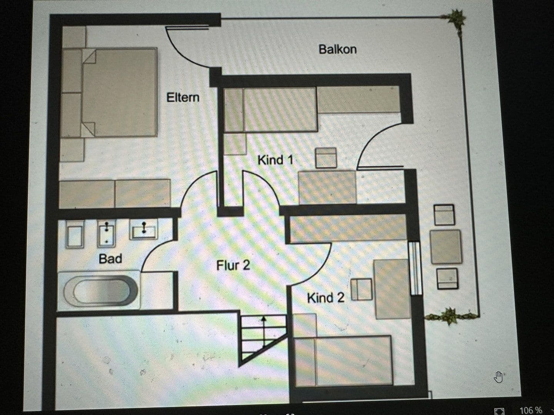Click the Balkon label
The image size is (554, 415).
pyautogui.click(x=337, y=49)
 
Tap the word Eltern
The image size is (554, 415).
pyautogui.click(x=183, y=97)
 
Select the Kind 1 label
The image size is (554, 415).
pyautogui.click(x=275, y=159)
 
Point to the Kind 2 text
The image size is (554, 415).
pyautogui.click(x=325, y=297)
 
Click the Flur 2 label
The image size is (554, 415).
pyautogui.click(x=233, y=265)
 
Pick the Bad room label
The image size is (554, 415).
pyautogui.click(x=110, y=259)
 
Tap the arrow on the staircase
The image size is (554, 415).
pyautogui.click(x=264, y=330)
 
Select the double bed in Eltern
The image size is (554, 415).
pyautogui.click(x=115, y=92)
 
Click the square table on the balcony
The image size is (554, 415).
pyautogui.click(x=446, y=247)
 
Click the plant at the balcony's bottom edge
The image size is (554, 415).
pyautogui.click(x=449, y=316)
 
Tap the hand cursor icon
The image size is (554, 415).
pyautogui.click(x=499, y=377)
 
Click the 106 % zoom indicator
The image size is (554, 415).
pyautogui.click(x=531, y=410)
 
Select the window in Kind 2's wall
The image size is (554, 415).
pyautogui.click(x=415, y=268)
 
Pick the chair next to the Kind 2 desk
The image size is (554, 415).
pyautogui.click(x=362, y=289)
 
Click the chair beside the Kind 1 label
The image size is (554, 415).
pyautogui.click(x=326, y=158)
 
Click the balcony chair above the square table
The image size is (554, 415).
pyautogui.click(x=444, y=215)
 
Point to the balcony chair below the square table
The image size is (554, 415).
pyautogui.click(x=447, y=278)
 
